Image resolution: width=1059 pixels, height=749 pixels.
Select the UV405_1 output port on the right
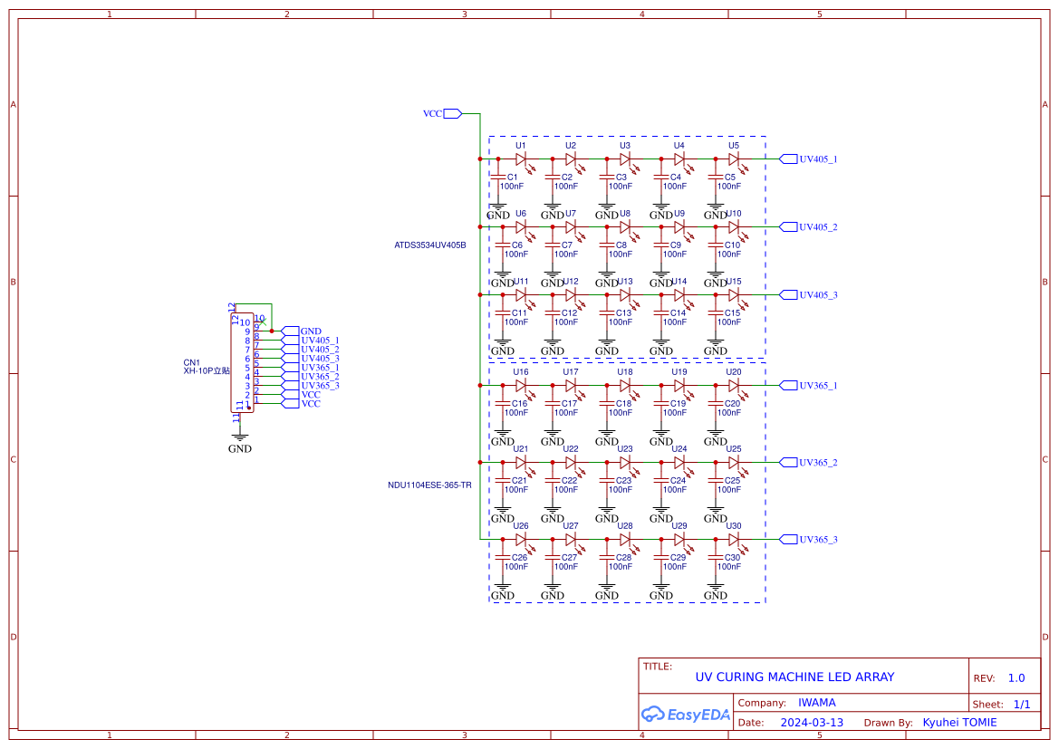(x=788, y=158)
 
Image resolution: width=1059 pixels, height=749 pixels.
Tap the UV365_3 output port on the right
(x=788, y=539)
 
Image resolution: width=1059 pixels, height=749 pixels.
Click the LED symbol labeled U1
(x=521, y=158)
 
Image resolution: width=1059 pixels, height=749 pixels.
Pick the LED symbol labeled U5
(x=734, y=158)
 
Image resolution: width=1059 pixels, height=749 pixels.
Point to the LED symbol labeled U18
(x=625, y=385)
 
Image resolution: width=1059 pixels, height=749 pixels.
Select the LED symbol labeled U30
(x=734, y=539)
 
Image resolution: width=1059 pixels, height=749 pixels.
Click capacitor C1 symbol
(x=498, y=177)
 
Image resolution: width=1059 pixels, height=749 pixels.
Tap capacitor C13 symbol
(x=607, y=312)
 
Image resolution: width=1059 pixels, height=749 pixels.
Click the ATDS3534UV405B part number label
(x=429, y=245)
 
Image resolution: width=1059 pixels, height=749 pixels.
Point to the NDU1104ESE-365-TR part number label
(x=429, y=485)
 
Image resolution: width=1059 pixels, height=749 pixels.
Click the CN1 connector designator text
(x=192, y=362)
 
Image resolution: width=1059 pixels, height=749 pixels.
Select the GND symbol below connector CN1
(x=240, y=438)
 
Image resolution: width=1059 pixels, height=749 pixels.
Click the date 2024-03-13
(x=812, y=723)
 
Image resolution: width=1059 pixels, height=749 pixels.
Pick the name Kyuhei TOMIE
(x=959, y=723)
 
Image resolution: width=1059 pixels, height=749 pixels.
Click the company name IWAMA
(x=816, y=703)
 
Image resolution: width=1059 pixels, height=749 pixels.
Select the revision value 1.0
(x=1016, y=678)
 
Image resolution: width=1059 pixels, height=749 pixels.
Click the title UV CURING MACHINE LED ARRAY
(x=794, y=677)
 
